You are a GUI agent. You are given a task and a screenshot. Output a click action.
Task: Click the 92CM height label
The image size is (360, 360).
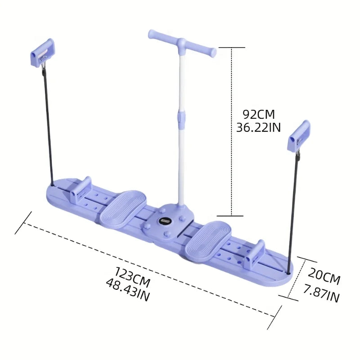(x=258, y=114)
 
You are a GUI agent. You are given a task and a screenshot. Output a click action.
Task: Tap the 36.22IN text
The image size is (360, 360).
(x=258, y=128)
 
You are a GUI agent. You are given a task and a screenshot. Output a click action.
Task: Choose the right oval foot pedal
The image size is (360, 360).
(x=208, y=234)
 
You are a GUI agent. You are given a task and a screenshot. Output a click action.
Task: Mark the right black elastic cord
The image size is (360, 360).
(x=293, y=211)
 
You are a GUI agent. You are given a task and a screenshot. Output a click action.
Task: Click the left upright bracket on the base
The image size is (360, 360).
(x=82, y=189)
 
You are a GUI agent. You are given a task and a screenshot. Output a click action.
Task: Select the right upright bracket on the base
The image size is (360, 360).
(x=257, y=254)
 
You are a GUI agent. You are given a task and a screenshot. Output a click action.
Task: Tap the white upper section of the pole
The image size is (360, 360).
(x=182, y=81)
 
